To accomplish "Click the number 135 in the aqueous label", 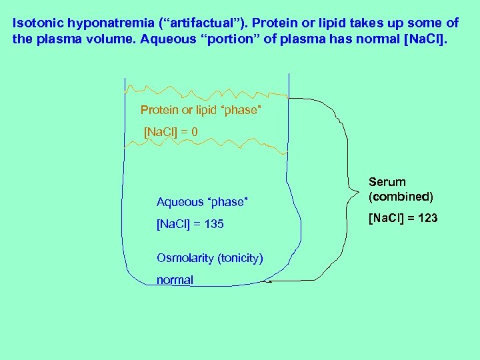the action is (x=213, y=225).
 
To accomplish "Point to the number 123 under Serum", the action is (x=427, y=217).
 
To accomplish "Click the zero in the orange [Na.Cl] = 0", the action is (x=194, y=132).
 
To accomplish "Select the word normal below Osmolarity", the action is (x=175, y=281).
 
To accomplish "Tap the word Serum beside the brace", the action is (x=387, y=182).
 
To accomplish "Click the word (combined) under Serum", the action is (x=401, y=197).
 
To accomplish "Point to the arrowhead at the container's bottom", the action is (x=267, y=281).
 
